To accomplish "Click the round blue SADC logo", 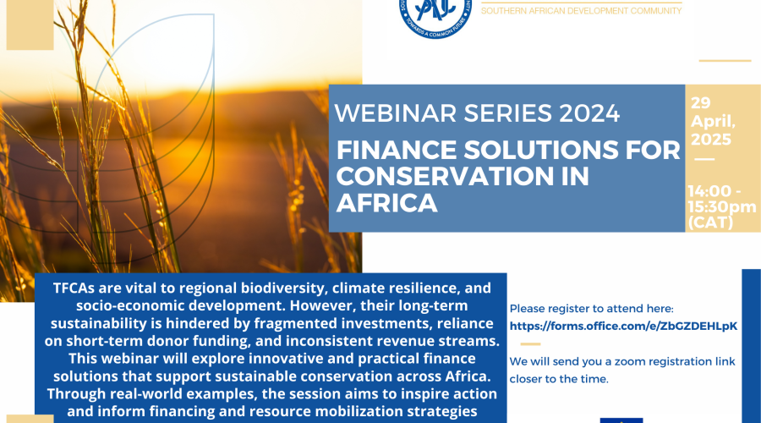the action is click(x=435, y=15).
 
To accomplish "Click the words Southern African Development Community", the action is click(x=581, y=11).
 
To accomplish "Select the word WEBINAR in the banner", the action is click(x=396, y=113).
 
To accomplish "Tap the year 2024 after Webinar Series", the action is click(x=589, y=113).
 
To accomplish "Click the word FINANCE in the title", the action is click(x=397, y=150).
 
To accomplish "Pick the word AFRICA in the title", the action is click(x=386, y=202).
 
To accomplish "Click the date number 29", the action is click(x=701, y=103).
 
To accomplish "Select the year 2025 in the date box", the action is click(x=711, y=140).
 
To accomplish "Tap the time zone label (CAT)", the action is click(x=710, y=222).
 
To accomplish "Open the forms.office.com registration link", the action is click(x=623, y=326).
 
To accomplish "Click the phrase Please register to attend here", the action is click(x=592, y=309).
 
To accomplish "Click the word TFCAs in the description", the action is click(x=74, y=288).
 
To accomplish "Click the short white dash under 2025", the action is click(x=704, y=159).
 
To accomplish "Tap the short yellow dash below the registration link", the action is click(x=530, y=343).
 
